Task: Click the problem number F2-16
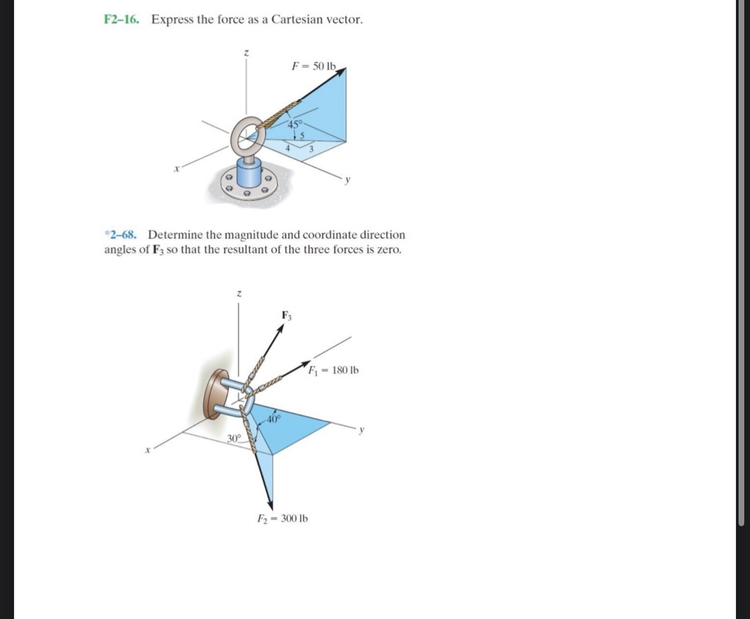coord(122,19)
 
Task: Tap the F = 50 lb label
coord(313,66)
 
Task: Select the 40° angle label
coord(274,418)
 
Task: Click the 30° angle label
coord(234,438)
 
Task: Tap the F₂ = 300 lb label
coord(282,518)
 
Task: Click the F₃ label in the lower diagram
coord(287,315)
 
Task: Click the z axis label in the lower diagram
coord(238,293)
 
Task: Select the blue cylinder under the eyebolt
coord(249,174)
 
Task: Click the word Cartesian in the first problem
coord(296,19)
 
